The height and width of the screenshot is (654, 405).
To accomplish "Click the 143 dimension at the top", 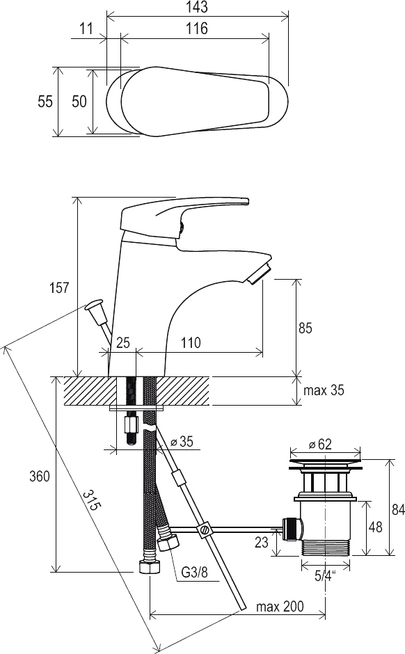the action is coord(197,7).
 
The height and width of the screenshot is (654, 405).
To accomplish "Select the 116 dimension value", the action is coord(197,29).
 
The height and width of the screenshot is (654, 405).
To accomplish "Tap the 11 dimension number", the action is coord(86,29).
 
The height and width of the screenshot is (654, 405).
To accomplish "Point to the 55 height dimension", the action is coord(45,102).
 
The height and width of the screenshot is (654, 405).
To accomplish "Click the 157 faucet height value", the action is coord(59,287).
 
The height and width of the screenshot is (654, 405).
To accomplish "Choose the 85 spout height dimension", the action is coord(305,328).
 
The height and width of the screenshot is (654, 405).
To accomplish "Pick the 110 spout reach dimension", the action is coord(191,343).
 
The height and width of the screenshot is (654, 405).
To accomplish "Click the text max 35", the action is coord(324,390).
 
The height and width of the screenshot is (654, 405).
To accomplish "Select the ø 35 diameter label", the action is coord(182,442).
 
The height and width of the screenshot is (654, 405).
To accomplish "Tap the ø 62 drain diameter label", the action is coord(320,445).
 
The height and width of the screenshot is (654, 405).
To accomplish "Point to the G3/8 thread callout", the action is coord(194,572).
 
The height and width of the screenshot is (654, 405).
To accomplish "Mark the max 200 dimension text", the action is coord(280,607).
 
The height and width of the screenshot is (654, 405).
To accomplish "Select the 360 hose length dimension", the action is coord(40,476).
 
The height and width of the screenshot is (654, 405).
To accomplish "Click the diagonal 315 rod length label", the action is coord(91,500).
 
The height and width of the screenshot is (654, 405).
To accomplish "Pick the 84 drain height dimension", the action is coord(398,510).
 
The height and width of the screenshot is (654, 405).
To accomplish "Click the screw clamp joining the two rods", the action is coord(205,529).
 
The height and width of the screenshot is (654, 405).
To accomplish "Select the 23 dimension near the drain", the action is coord(261,542).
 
